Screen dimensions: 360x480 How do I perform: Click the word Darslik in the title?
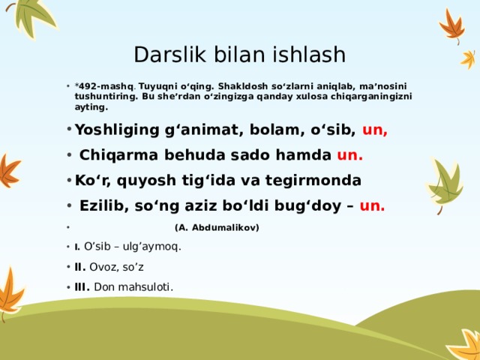[x=162, y=55]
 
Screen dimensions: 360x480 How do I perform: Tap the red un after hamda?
[x=350, y=155]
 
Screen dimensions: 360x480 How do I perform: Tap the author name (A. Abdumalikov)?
[x=216, y=226]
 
